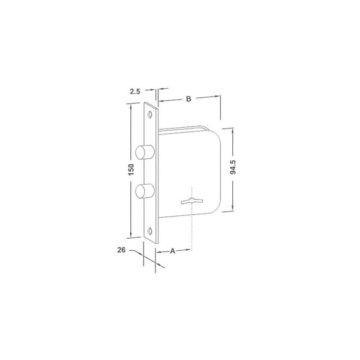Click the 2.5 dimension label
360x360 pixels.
(135, 91)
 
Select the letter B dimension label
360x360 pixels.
(188, 99)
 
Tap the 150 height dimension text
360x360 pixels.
(131, 170)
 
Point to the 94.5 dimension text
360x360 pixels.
(233, 167)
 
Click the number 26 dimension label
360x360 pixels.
(121, 250)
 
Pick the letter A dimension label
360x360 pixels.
(172, 251)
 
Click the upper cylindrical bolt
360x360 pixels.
(145, 152)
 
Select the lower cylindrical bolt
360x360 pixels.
(145, 191)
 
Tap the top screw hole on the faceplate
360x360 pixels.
(150, 115)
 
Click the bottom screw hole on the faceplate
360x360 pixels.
(149, 231)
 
